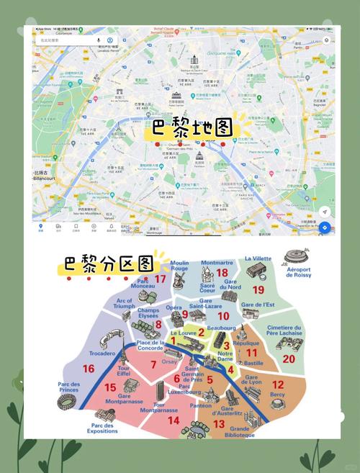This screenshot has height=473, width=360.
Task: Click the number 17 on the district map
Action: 160,279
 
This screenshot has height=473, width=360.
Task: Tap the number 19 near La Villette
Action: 258,289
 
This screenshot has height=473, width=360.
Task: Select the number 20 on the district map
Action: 289,358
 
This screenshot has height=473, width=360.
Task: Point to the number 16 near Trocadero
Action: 89,369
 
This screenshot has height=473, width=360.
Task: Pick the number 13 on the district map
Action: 219,424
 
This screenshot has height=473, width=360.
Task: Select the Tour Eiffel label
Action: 123,371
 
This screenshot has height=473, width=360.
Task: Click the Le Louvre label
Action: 184,334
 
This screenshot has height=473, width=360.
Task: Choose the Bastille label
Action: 253,364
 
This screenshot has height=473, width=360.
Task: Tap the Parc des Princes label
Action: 68,387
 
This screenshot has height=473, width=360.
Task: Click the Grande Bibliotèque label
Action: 240,433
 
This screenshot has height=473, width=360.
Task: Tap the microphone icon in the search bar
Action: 98,40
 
